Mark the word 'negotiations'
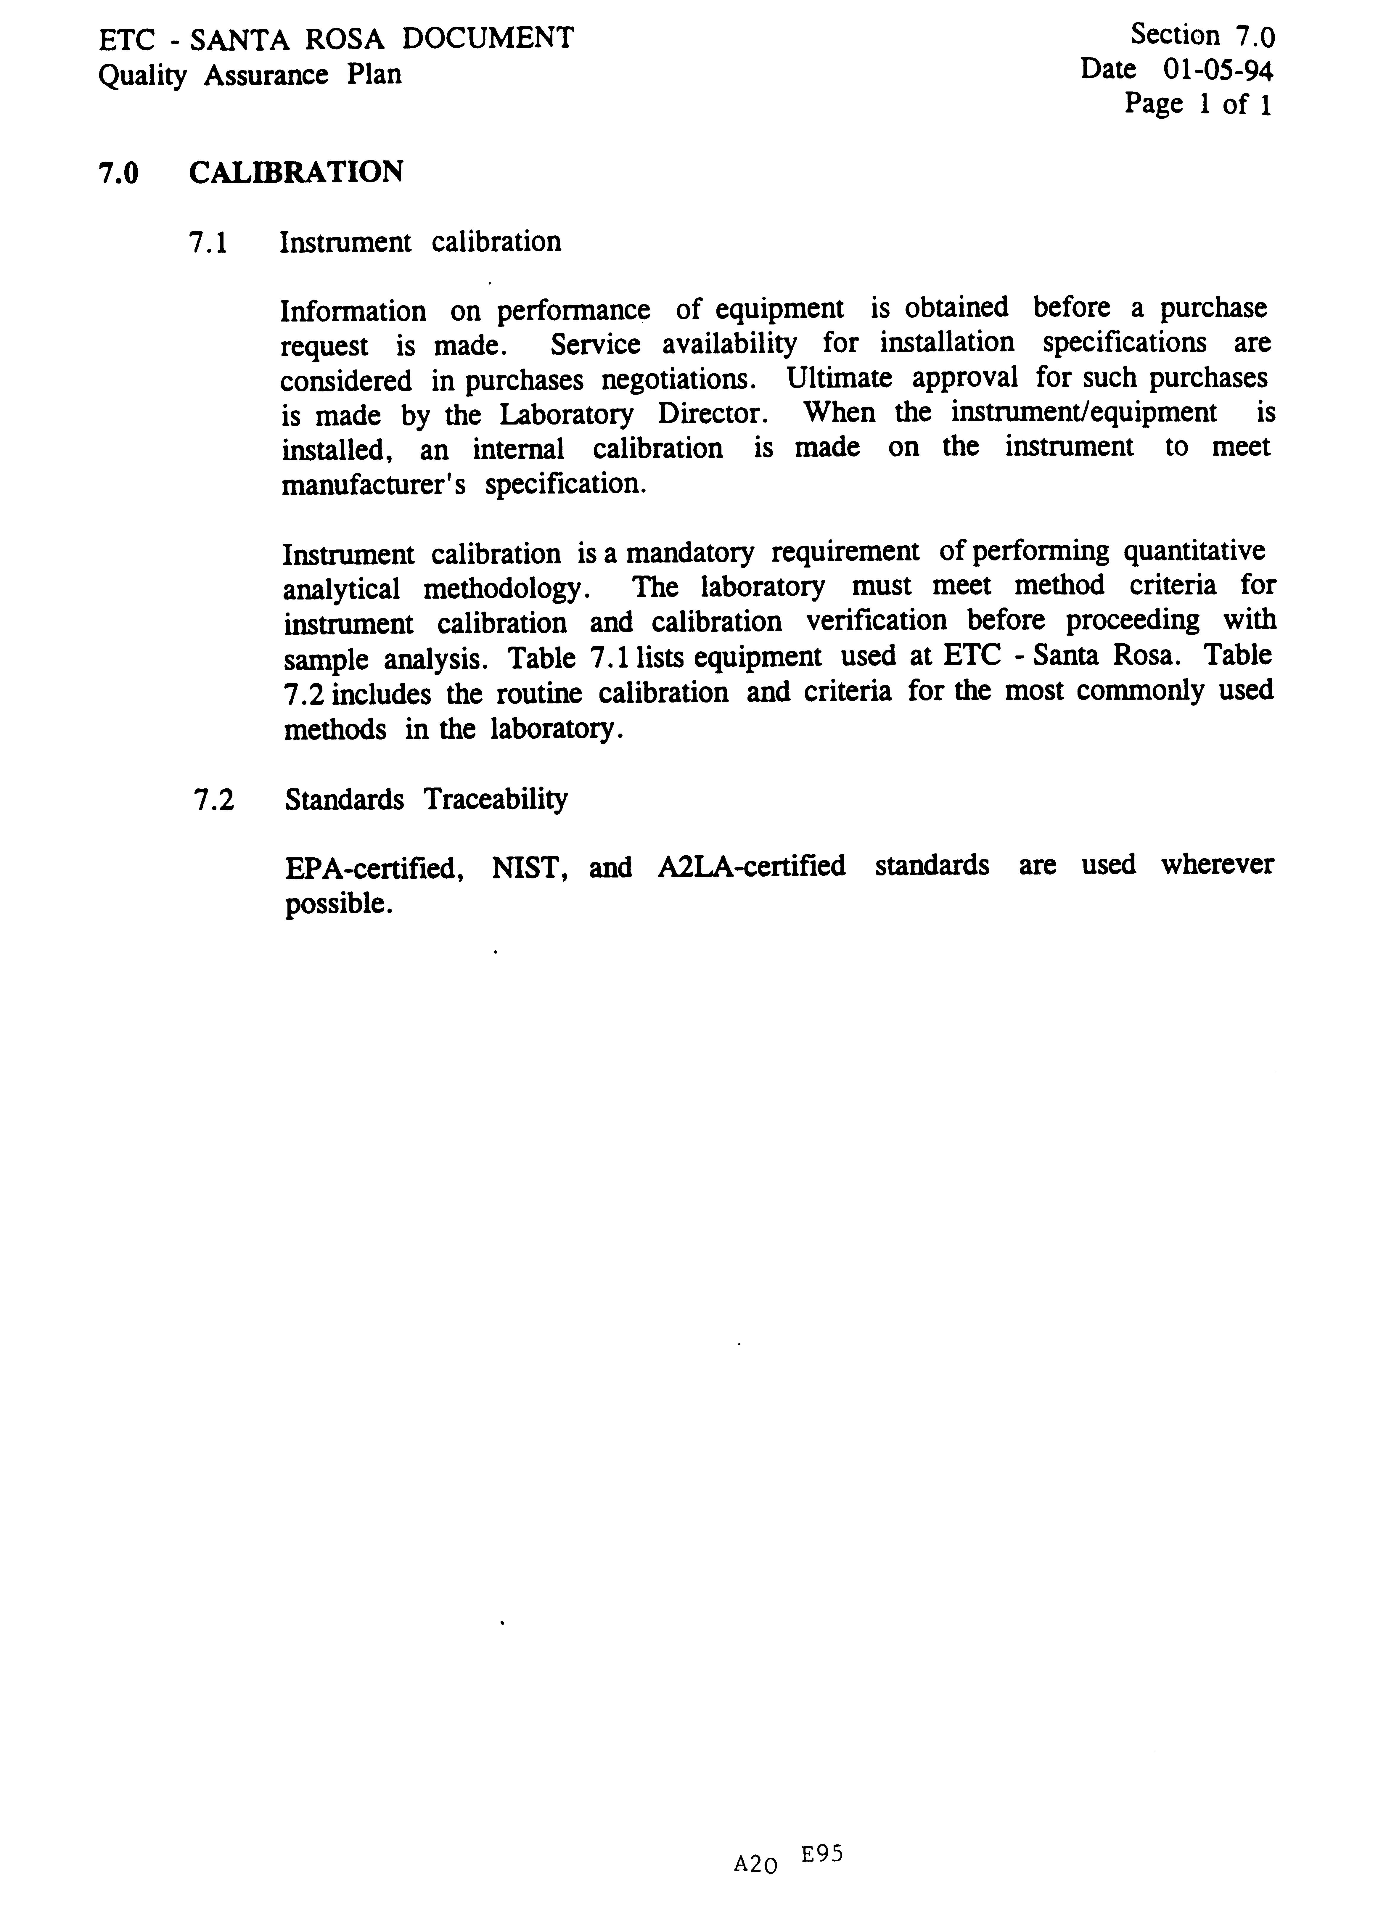(678, 380)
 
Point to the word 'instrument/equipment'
(1083, 413)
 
